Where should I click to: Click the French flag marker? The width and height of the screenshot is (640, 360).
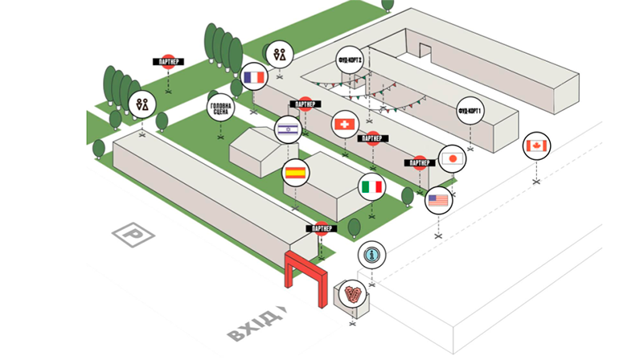coord(253,77)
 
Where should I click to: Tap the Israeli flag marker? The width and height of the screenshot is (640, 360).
coord(288,129)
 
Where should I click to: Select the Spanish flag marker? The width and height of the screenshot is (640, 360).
coord(295,171)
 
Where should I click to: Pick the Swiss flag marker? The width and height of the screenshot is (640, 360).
coord(344,125)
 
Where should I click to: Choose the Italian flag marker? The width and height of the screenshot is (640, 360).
coord(371,186)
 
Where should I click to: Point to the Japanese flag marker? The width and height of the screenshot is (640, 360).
coord(453,158)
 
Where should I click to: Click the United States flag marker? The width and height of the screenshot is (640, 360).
coord(438,199)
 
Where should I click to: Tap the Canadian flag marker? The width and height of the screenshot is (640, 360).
coord(535,145)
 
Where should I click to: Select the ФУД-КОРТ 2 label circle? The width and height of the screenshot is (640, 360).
coord(351,61)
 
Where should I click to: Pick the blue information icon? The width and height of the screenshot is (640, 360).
coord(371,255)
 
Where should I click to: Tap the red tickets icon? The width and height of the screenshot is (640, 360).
coord(351,295)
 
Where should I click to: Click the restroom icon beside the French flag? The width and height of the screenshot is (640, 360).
coord(279,54)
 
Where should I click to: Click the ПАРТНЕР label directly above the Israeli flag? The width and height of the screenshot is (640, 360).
coord(303,104)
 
